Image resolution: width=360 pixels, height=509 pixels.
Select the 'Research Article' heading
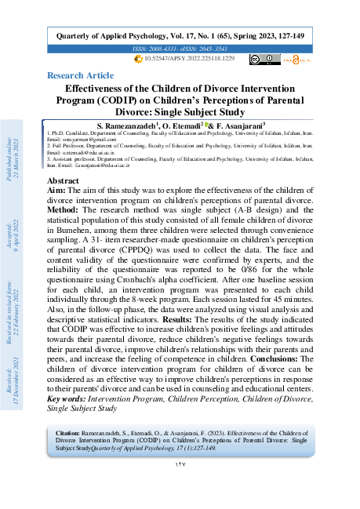[80, 75]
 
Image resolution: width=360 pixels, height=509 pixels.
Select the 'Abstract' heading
[64, 180]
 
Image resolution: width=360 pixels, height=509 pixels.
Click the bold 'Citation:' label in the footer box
[68, 432]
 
